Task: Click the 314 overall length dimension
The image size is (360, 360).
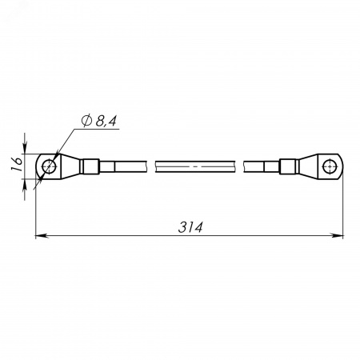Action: click(x=190, y=227)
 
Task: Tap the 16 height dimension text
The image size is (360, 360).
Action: click(x=17, y=164)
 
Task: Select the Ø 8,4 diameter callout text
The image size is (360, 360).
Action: click(x=99, y=122)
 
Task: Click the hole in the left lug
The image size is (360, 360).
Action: click(x=49, y=166)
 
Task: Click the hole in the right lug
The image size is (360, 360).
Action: click(x=330, y=166)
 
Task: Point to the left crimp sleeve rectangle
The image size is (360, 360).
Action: click(x=90, y=166)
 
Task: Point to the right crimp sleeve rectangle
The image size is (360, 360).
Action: click(x=289, y=166)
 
